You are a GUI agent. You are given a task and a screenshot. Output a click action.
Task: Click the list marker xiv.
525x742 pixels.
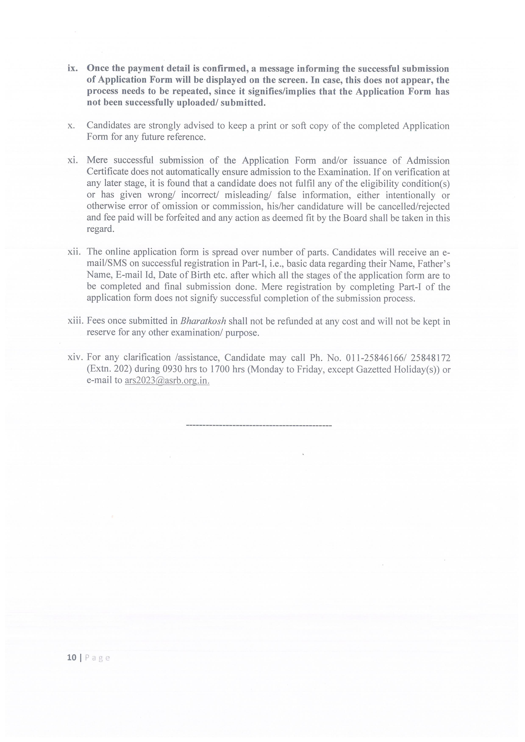76,357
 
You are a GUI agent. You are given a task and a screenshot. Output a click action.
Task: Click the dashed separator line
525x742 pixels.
259,426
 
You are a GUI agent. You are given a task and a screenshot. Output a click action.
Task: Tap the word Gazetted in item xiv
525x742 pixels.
373,369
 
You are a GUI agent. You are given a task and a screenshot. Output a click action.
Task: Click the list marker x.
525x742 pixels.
71,126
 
